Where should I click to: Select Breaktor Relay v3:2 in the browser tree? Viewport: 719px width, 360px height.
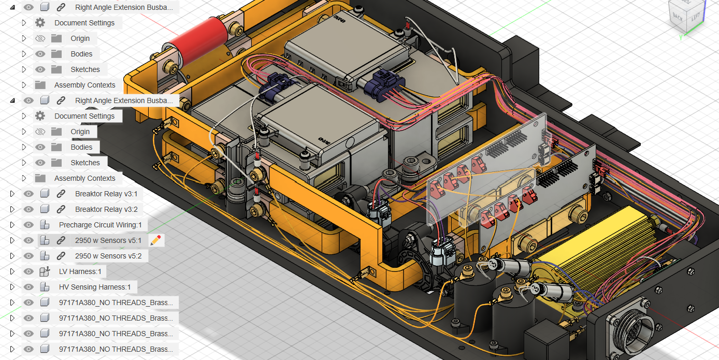106,209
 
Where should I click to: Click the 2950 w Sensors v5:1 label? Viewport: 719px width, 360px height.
108,240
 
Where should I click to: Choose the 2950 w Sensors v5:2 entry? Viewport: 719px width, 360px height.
108,256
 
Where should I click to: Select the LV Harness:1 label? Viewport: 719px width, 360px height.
80,271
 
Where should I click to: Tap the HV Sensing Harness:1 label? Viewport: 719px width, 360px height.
95,287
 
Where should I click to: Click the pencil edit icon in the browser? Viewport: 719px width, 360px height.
155,240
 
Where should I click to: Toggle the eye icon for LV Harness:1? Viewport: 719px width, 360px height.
28,271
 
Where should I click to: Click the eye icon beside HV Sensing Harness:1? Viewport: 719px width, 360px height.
28,287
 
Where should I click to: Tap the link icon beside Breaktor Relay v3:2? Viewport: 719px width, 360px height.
61,209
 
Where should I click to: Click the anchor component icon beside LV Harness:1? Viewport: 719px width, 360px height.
45,271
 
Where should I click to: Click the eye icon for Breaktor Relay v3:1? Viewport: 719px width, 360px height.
28,194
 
